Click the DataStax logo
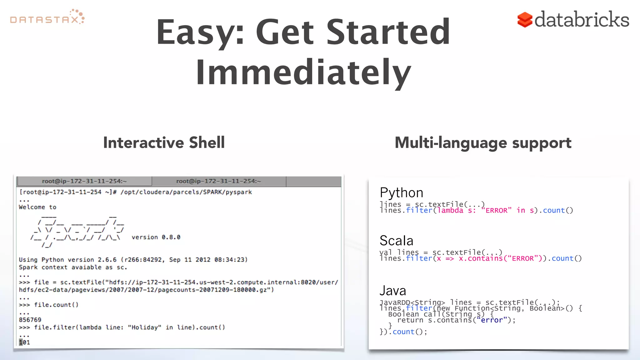pyautogui.click(x=47, y=17)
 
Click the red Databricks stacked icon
pyautogui.click(x=525, y=20)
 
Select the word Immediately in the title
pyautogui.click(x=303, y=72)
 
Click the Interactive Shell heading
pyautogui.click(x=164, y=143)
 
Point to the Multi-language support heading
pyautogui.click(x=483, y=143)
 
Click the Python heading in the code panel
pyautogui.click(x=401, y=193)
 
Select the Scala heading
pyautogui.click(x=396, y=241)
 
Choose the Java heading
pyautogui.click(x=392, y=291)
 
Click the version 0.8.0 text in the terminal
pyautogui.click(x=156, y=237)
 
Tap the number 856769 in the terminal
pyautogui.click(x=30, y=320)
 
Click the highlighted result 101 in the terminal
pyautogui.click(x=24, y=342)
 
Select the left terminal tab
pyautogui.click(x=84, y=181)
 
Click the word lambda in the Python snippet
pyautogui.click(x=450, y=210)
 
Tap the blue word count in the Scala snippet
pyautogui.click(x=562, y=258)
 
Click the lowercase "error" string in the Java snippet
pyautogui.click(x=492, y=320)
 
